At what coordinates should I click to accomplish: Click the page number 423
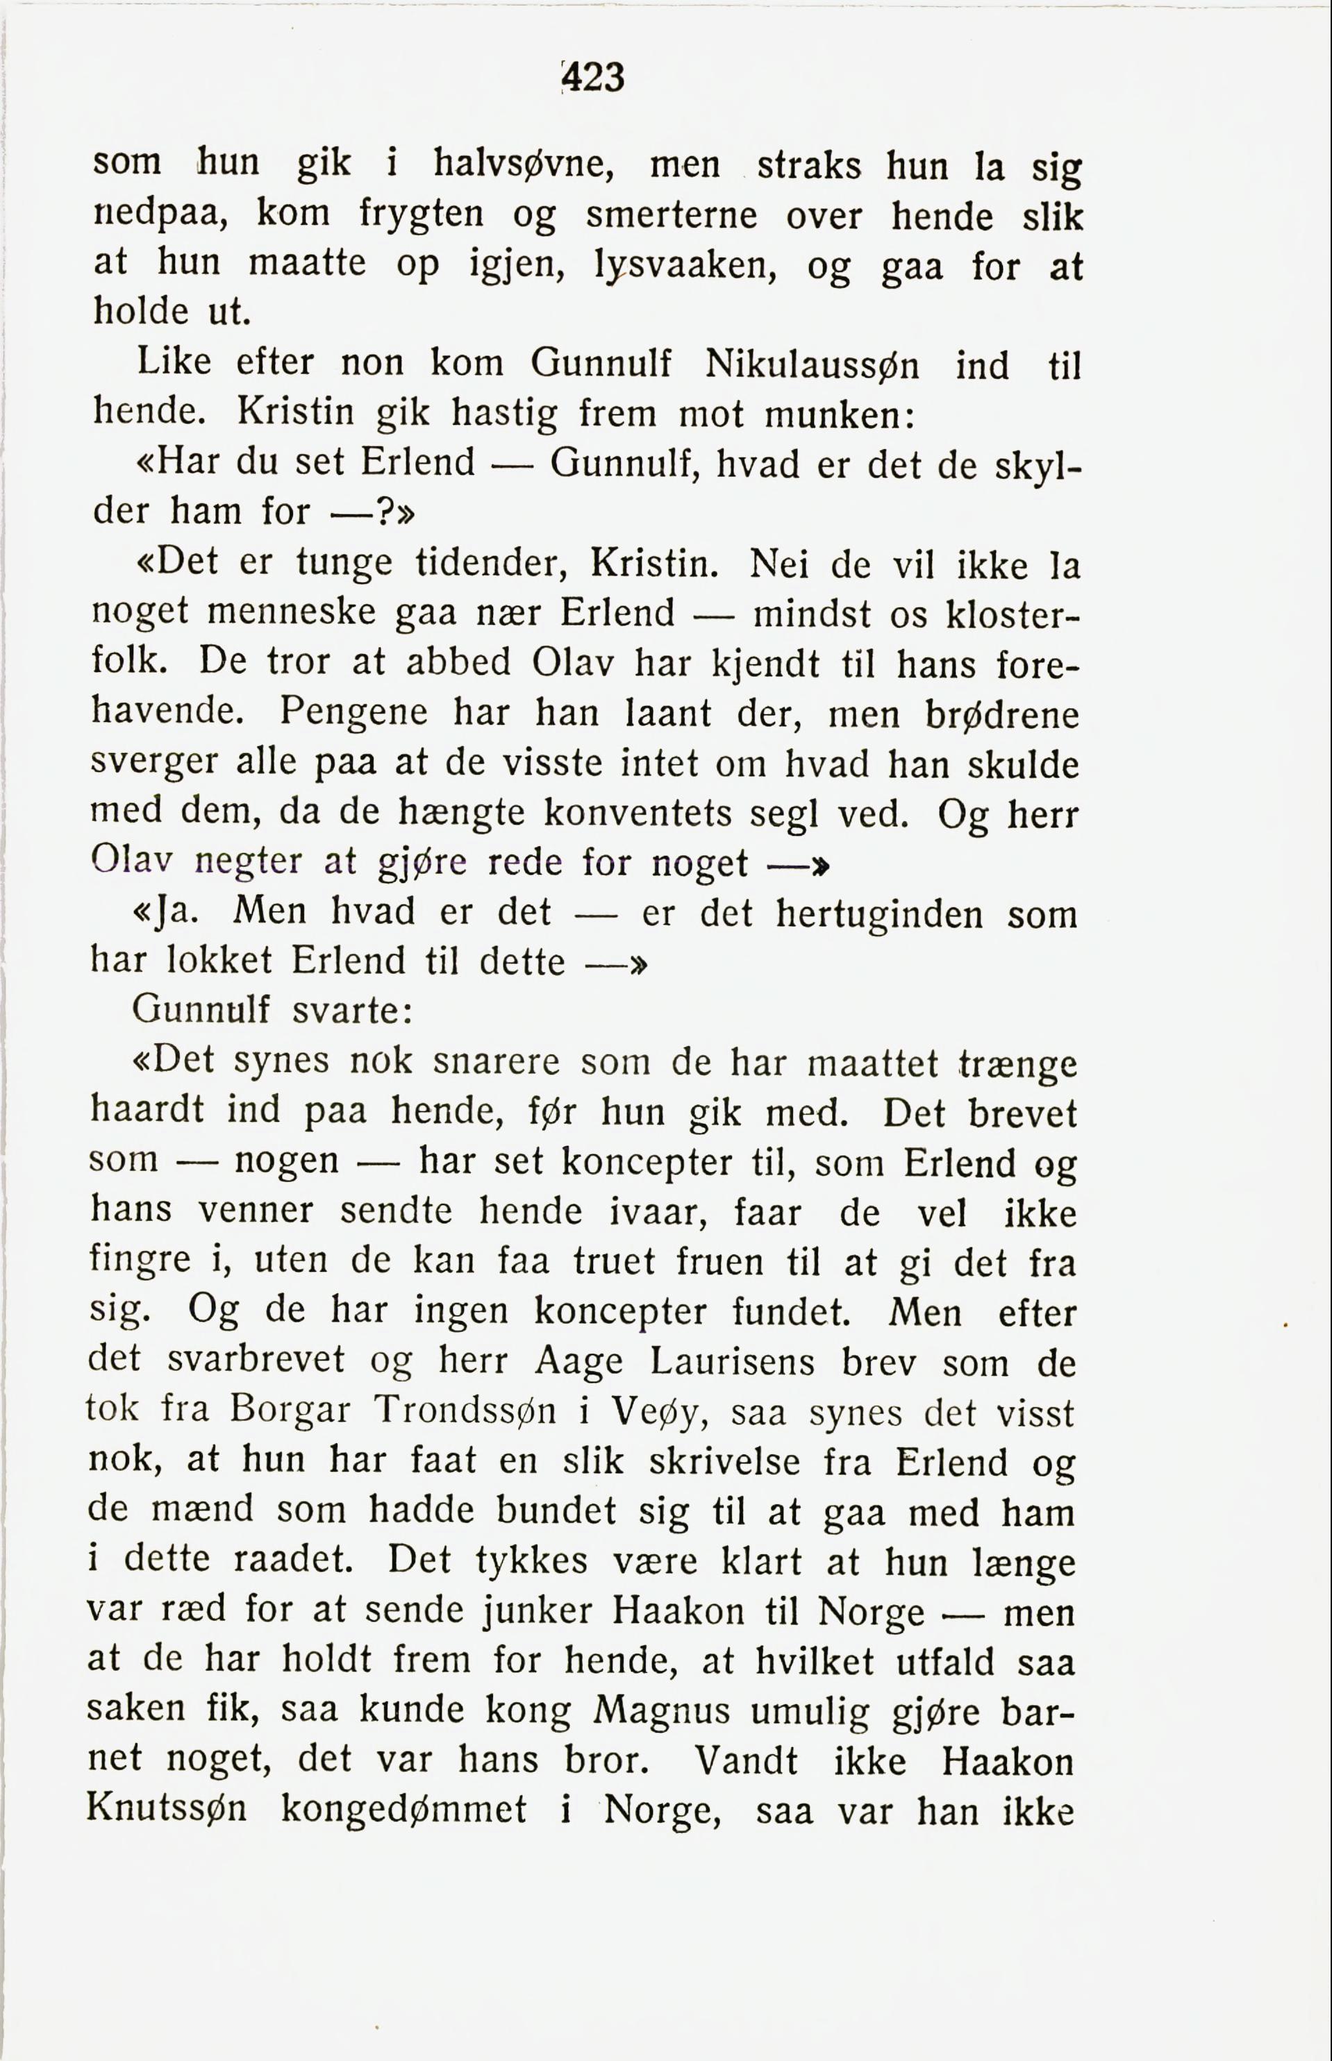point(593,78)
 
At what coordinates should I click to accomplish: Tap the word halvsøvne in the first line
point(522,163)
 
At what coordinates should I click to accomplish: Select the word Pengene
point(353,712)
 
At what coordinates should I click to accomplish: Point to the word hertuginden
point(879,914)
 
